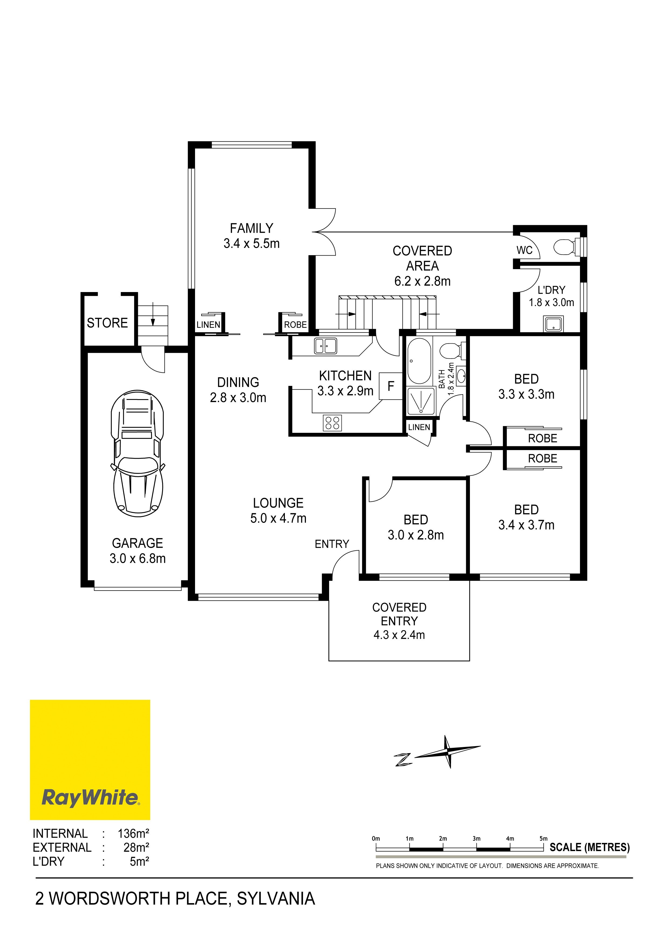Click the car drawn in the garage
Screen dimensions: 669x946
click(137, 453)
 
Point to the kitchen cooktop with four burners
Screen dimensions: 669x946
click(332, 423)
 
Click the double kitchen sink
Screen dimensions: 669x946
click(325, 346)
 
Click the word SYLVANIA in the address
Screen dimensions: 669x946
click(276, 899)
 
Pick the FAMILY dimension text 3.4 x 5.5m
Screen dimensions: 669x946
click(251, 244)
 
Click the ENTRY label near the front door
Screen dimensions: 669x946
click(332, 544)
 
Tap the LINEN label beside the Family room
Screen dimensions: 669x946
click(209, 325)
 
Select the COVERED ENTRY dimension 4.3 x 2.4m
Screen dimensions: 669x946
click(399, 635)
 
